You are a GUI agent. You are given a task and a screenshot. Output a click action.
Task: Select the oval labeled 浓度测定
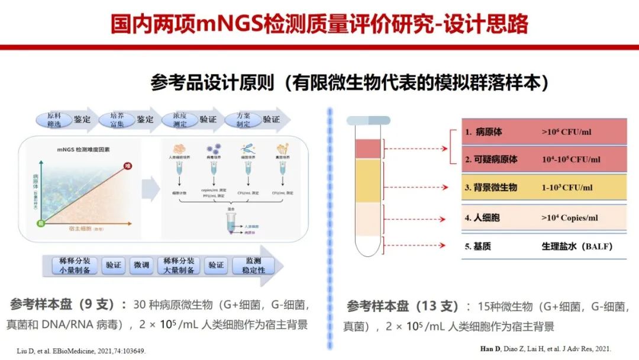[x=180, y=120]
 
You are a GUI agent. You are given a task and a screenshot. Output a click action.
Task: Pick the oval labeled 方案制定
[x=244, y=120]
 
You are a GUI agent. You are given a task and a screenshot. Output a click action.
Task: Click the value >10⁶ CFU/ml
[x=566, y=132]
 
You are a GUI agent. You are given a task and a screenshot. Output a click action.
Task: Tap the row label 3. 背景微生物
[x=490, y=188]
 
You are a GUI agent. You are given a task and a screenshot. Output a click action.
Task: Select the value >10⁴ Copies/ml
[x=569, y=218]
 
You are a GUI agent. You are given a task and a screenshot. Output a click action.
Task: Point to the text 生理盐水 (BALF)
[x=576, y=246]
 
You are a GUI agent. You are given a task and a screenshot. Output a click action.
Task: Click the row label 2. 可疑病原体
[x=490, y=160]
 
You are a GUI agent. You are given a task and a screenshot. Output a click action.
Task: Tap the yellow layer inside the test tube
[x=367, y=181]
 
